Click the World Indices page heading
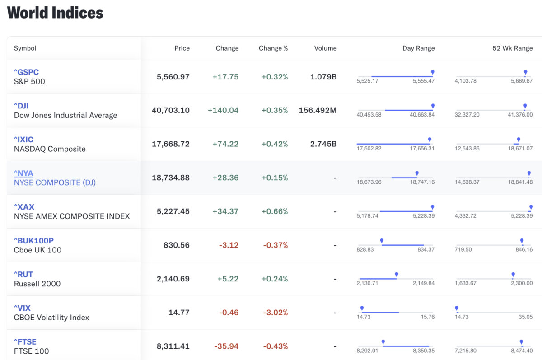tap(55, 13)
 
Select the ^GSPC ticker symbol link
tap(26, 72)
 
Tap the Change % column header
tap(273, 48)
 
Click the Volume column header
tap(325, 48)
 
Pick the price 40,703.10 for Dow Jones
tap(171, 110)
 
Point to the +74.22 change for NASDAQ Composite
tap(225, 144)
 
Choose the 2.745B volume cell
tap(323, 144)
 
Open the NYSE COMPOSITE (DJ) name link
tap(55, 182)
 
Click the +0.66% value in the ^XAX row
tap(275, 211)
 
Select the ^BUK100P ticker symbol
tap(33, 241)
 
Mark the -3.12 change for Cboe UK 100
tap(229, 245)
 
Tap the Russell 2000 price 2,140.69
tap(173, 279)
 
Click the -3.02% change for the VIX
tap(276, 313)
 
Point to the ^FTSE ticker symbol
tap(25, 342)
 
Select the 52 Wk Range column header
tap(513, 48)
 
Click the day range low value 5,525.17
tap(367, 81)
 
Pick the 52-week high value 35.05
tap(526, 317)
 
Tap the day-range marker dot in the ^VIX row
tap(362, 308)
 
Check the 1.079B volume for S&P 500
tap(323, 77)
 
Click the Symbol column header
tap(25, 48)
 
